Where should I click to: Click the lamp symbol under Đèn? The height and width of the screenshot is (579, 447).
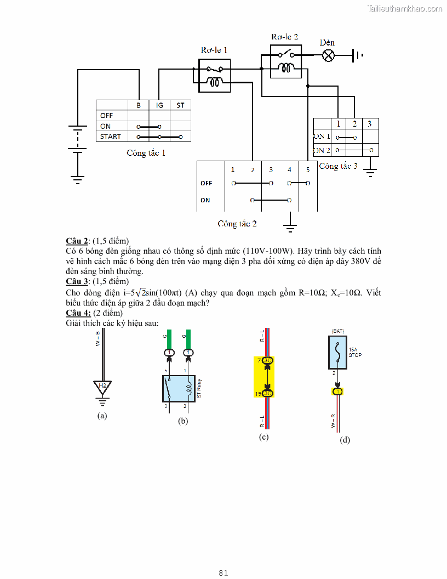tap(328, 55)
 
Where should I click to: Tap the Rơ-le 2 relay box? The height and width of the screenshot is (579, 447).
tap(285, 61)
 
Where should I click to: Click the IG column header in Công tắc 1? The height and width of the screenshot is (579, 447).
tap(159, 105)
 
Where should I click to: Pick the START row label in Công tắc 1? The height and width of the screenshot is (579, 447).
tap(111, 136)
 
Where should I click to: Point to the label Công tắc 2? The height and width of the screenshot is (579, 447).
tap(237, 224)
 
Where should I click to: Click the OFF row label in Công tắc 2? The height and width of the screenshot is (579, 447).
tap(206, 183)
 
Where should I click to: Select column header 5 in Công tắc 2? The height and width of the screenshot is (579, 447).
tap(308, 169)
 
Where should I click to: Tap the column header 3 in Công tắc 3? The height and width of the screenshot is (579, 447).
tap(370, 124)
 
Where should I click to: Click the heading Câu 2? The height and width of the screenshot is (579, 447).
tap(77, 241)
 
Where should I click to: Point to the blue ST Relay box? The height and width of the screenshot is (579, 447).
tap(179, 389)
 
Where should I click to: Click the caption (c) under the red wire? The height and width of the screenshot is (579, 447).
tap(264, 437)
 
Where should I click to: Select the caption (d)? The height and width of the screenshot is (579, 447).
tap(345, 440)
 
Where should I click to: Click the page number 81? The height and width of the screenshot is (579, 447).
tap(223, 573)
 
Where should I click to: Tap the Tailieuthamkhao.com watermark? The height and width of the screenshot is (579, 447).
tap(405, 8)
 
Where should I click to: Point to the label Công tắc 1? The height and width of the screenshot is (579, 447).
tap(146, 153)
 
